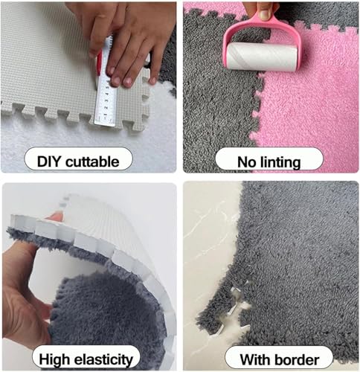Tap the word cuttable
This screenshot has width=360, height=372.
93,161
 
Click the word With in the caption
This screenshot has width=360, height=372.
256,359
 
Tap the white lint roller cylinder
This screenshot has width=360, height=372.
262,57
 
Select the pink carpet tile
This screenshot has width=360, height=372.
307,99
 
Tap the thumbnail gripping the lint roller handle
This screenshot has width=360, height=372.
264,14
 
